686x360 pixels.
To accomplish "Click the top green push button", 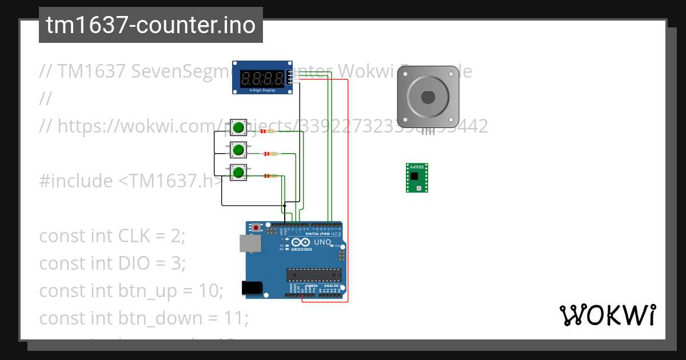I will (x=238, y=127).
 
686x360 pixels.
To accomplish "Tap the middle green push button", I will (x=238, y=150).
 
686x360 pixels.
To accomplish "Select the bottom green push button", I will (x=238, y=172).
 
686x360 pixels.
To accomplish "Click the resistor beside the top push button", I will (x=266, y=131).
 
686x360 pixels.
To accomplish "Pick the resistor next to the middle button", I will (x=270, y=154).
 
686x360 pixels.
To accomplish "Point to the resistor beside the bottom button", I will (x=270, y=176).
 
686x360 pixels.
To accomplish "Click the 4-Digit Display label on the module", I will (x=262, y=90).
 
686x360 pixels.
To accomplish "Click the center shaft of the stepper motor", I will (x=429, y=97).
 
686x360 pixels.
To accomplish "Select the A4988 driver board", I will (x=417, y=178).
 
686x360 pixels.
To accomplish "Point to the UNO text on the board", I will (x=322, y=242).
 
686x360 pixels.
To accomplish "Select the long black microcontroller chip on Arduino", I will (x=314, y=274).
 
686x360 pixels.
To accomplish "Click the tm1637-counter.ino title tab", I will (x=151, y=25).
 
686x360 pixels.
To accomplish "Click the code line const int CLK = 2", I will (x=113, y=235).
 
